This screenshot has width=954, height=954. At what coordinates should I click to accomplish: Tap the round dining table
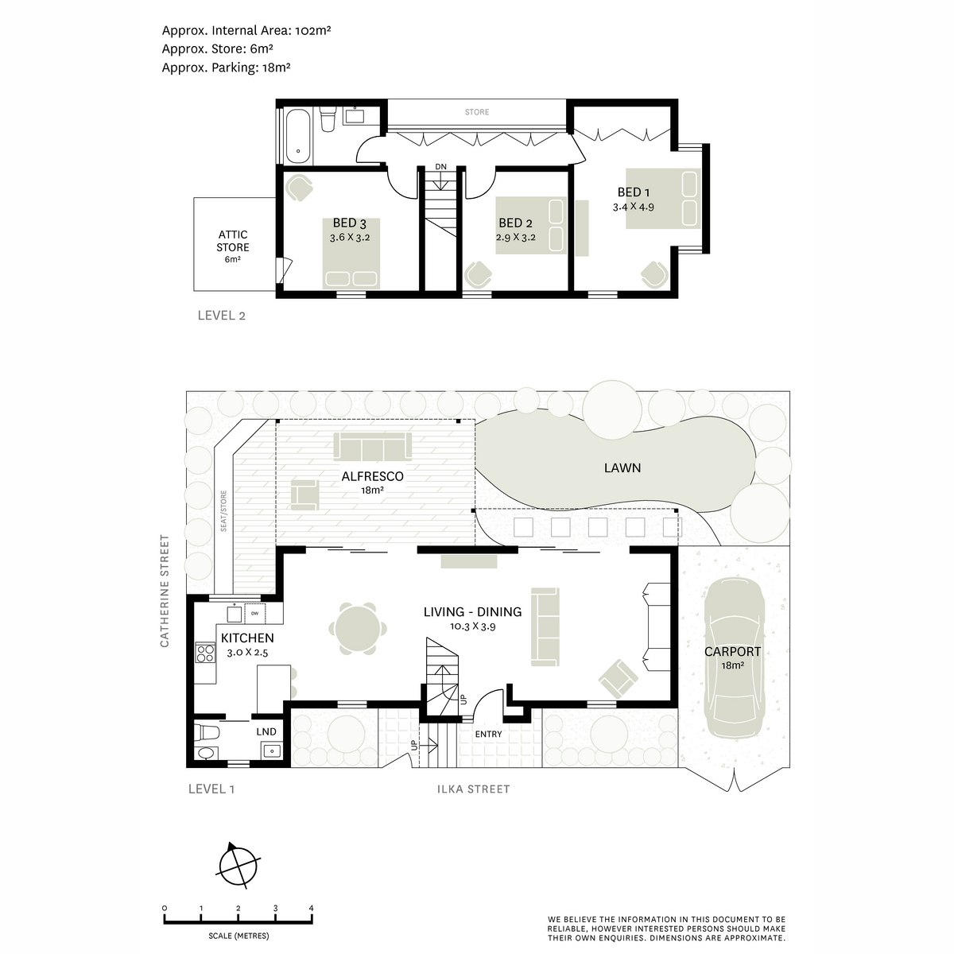tap(358, 629)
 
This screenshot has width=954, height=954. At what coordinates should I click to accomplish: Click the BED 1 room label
tap(633, 192)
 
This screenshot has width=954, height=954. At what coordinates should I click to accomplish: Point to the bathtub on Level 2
tap(299, 136)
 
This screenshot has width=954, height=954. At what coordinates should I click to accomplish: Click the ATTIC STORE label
tap(233, 241)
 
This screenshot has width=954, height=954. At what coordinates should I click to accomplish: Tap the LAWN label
tap(622, 467)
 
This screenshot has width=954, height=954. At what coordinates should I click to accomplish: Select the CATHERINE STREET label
tap(165, 591)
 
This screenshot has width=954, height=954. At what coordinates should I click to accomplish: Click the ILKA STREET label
tap(473, 789)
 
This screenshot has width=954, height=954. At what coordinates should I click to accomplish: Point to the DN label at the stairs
tap(440, 167)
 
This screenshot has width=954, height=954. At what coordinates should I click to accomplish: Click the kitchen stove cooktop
tap(205, 652)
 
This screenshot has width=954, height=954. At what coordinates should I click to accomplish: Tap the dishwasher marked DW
tap(255, 614)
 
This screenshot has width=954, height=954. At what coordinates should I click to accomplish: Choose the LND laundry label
tap(266, 731)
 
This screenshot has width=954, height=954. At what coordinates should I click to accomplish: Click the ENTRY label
tap(489, 735)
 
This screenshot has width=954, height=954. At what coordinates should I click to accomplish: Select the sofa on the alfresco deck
tap(372, 445)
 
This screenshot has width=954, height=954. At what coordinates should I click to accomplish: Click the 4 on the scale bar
tap(311, 909)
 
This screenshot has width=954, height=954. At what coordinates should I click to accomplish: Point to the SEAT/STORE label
tap(223, 511)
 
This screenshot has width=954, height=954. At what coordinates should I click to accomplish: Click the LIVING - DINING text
tap(472, 612)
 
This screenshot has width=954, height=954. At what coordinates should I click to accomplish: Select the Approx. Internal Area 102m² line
tap(246, 31)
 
